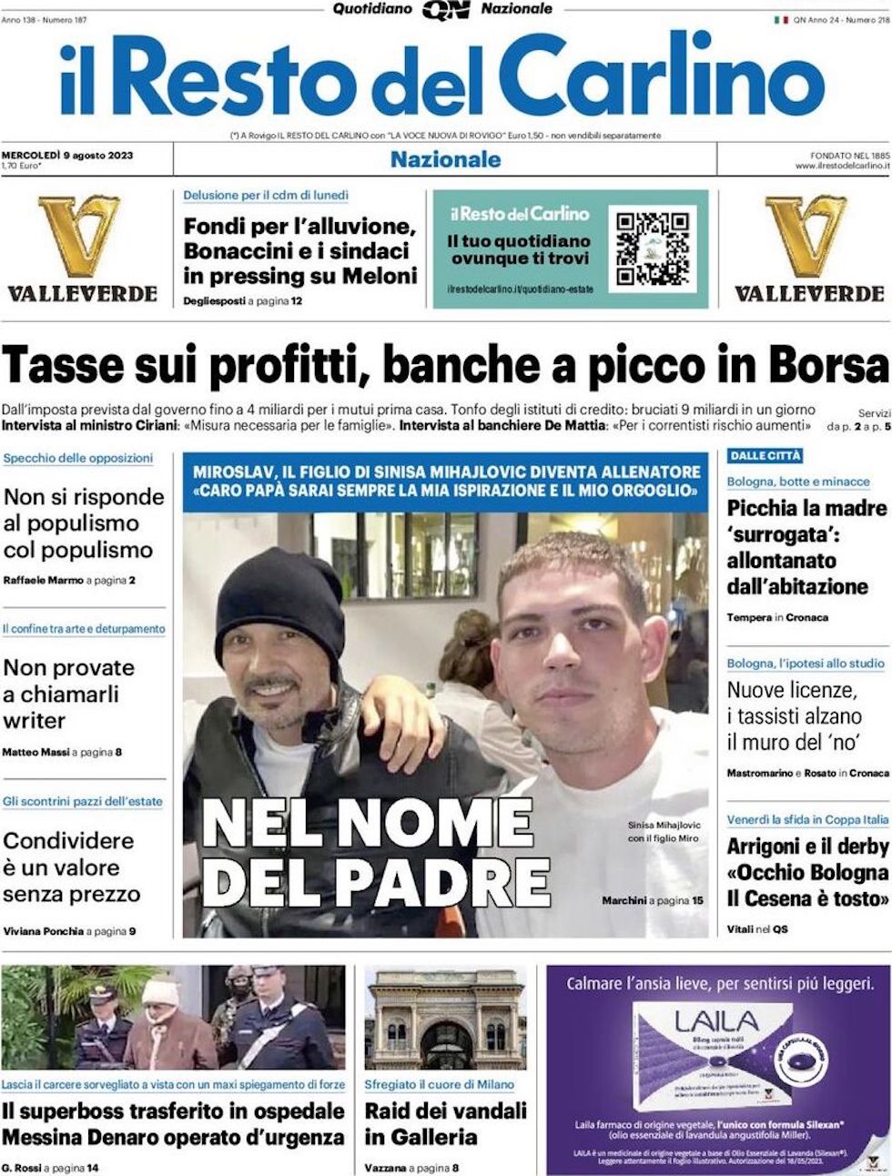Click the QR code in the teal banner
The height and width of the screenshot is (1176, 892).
pos(653,248)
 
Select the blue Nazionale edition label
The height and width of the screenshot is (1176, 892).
pos(445,159)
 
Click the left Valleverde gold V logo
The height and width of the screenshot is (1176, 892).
pos(79,236)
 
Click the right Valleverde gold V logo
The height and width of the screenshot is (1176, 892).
pos(807,236)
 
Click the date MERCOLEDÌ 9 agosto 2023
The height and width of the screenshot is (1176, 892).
pos(68,155)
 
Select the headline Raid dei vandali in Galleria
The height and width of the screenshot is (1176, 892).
pos(445,1123)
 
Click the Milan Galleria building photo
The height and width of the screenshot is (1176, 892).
pos(445,1019)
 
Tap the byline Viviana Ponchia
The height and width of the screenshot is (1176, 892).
pos(43,931)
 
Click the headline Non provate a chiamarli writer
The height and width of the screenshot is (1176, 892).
pos(68,694)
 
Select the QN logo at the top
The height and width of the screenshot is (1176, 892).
pos(446,10)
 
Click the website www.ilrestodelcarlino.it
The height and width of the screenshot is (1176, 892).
pos(841,166)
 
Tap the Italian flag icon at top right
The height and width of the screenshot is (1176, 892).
pos(781,19)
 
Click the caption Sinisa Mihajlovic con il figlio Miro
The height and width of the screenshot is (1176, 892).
pos(664,831)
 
